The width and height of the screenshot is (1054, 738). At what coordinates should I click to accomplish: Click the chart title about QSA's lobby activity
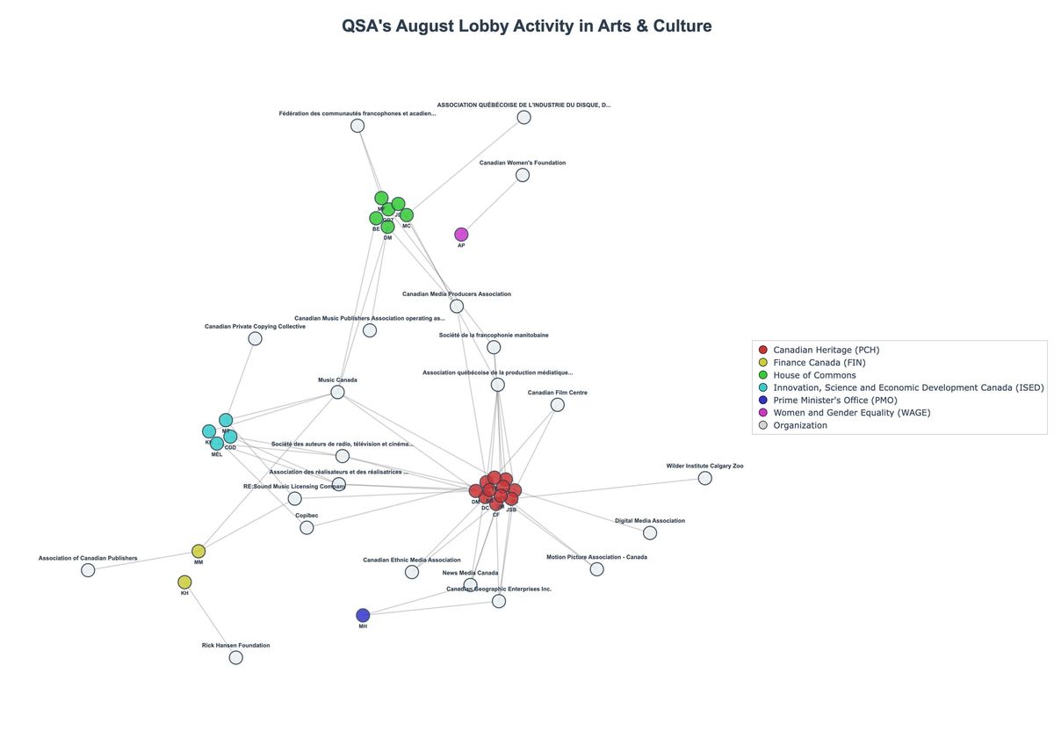(527, 26)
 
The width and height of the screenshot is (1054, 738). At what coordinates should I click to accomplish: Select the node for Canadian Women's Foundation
(523, 175)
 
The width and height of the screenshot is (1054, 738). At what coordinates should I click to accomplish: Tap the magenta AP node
(461, 235)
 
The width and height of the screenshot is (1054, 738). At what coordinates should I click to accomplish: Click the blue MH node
(363, 615)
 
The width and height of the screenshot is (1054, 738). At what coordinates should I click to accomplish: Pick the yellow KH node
(184, 582)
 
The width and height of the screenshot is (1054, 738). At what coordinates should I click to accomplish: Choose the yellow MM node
(199, 552)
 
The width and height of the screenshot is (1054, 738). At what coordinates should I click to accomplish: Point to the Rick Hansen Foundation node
(235, 657)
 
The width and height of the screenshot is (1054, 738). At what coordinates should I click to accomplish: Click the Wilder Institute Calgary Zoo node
(704, 478)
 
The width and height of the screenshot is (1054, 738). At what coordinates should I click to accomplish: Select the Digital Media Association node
(650, 532)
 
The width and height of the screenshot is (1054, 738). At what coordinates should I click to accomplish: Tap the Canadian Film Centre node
(557, 405)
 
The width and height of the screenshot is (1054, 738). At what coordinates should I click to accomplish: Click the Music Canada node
(337, 392)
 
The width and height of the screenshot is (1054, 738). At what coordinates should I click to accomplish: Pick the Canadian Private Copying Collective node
(255, 338)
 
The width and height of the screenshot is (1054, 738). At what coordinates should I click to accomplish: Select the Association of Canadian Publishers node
(88, 570)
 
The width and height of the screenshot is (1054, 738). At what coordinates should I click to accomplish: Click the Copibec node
(307, 527)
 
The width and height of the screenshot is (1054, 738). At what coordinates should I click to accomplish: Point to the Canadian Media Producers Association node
(457, 306)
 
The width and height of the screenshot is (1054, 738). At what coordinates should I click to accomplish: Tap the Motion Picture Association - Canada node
(596, 569)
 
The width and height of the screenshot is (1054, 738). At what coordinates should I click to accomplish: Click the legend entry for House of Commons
(813, 375)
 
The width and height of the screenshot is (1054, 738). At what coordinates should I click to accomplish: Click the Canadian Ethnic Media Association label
(411, 560)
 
